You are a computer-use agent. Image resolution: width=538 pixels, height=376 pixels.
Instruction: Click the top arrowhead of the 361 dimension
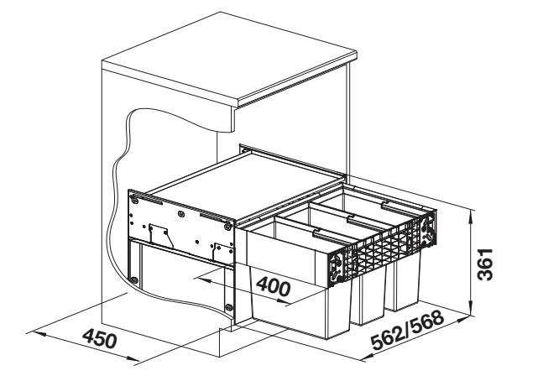pyautogui.click(x=473, y=215)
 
